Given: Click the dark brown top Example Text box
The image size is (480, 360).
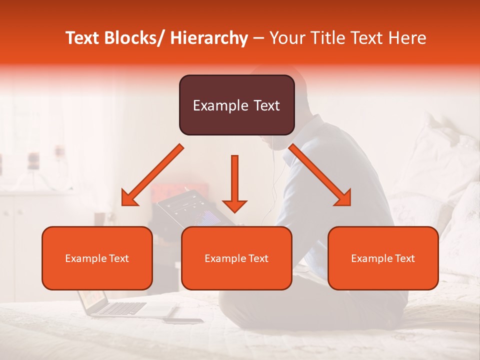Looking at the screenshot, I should coord(236,105).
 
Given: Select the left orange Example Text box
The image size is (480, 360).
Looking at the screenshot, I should coord(97,258).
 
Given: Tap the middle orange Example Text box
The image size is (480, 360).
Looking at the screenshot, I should coord(236,258).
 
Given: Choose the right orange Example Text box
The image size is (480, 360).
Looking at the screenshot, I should coord(383,258).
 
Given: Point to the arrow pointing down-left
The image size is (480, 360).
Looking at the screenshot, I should coord(152,175).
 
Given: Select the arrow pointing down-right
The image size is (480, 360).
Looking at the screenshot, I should coord(320,175).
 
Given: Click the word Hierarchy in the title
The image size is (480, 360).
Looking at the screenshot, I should coord(208,38).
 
